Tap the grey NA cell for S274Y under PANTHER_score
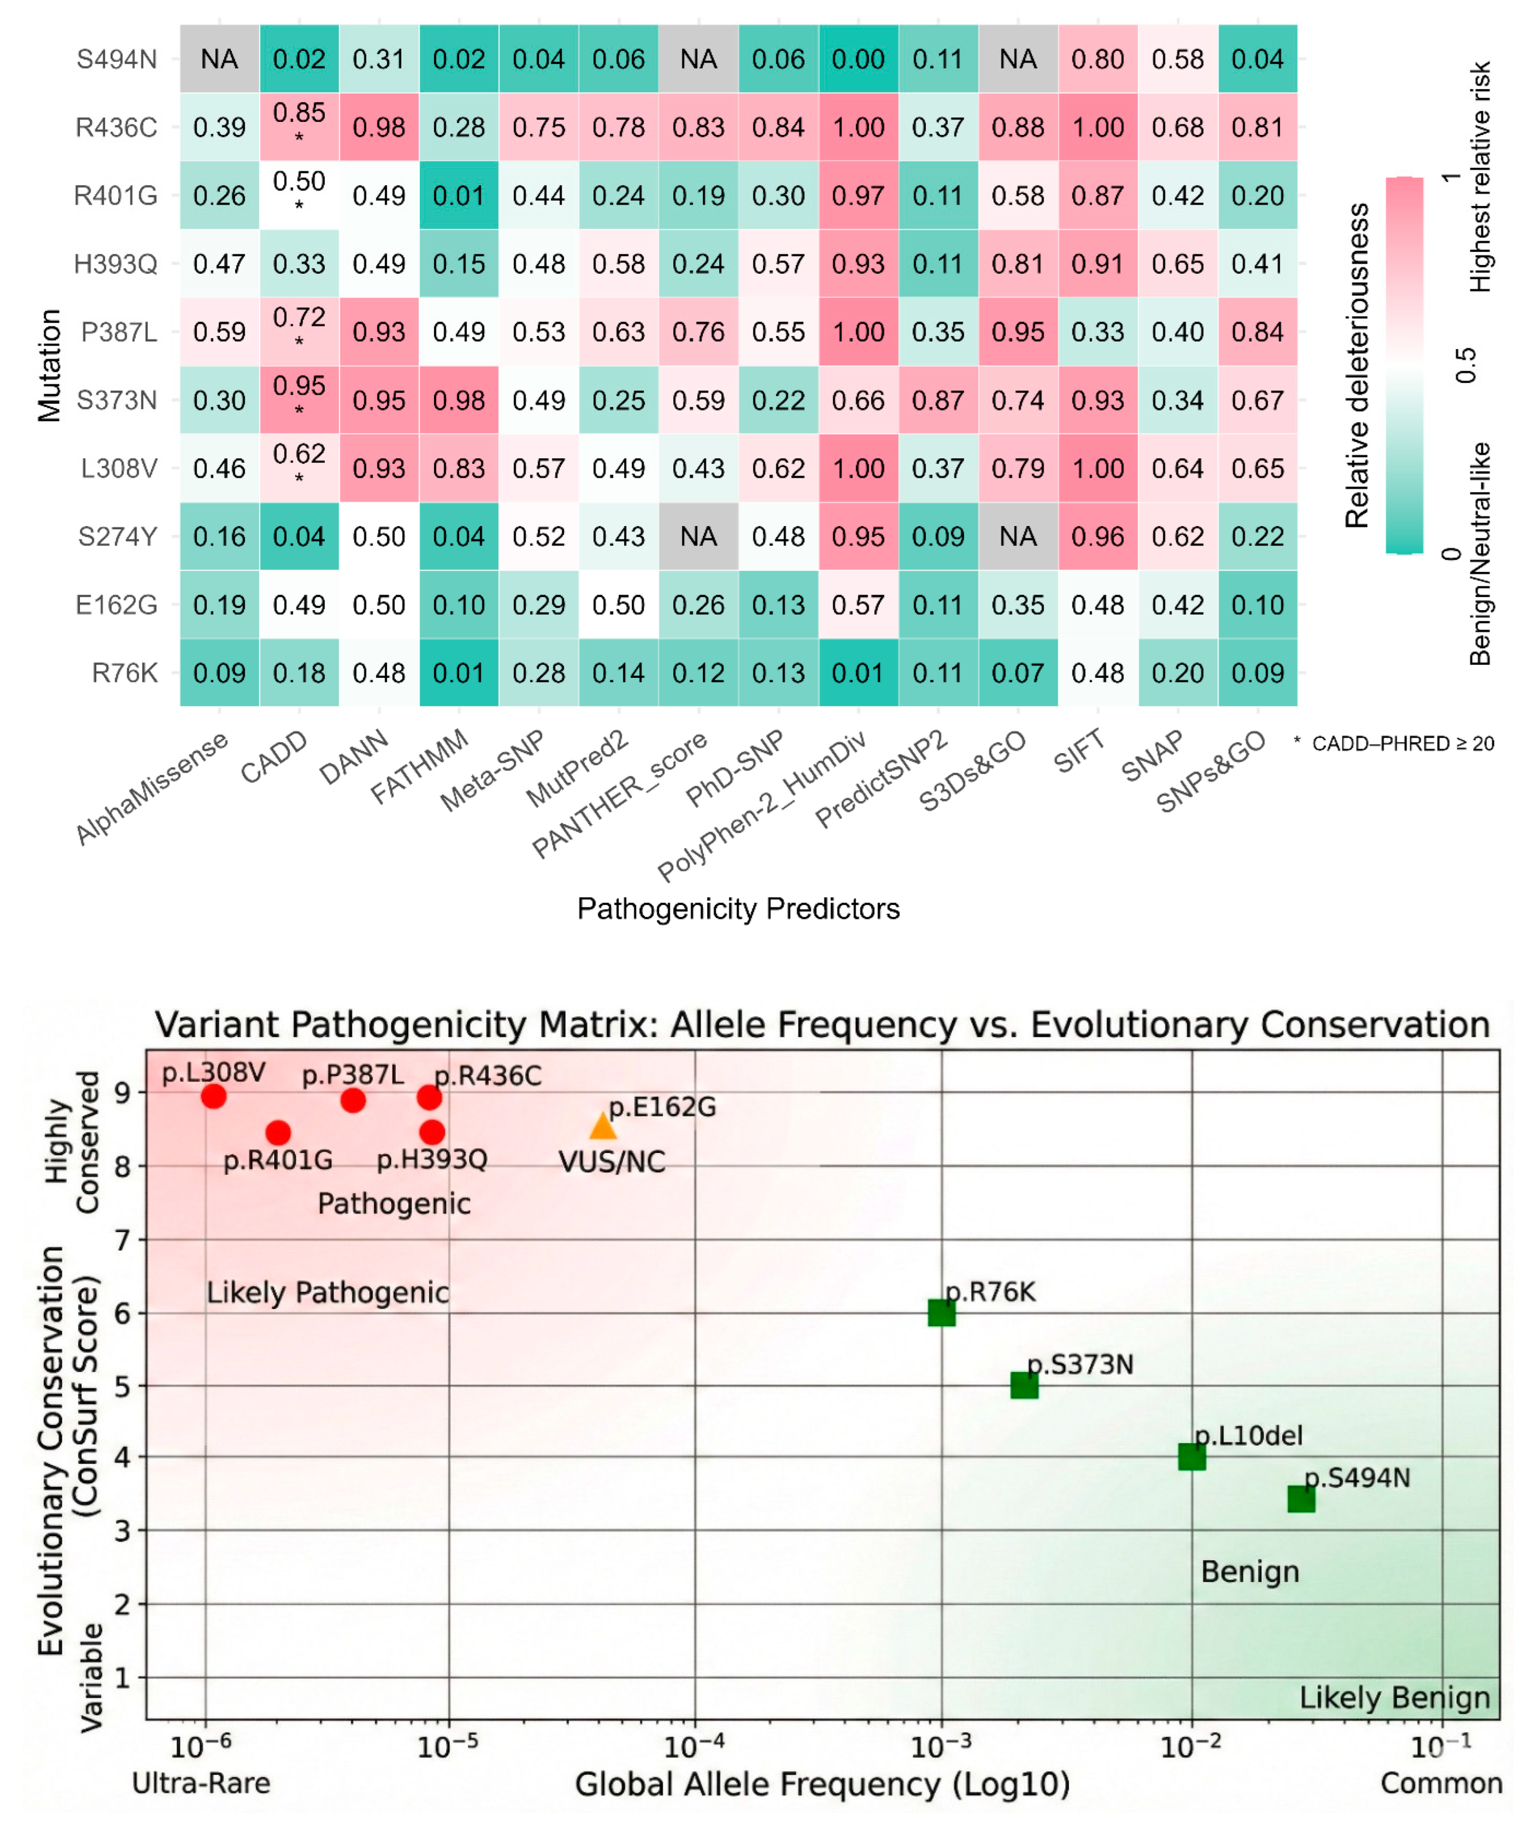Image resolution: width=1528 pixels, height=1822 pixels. [x=699, y=536]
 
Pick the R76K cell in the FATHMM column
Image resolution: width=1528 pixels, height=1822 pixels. [x=459, y=673]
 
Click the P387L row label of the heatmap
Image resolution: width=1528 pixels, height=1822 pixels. [x=119, y=332]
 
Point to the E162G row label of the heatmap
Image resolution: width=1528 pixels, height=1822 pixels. [x=116, y=605]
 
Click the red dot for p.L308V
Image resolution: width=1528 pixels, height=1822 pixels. [x=214, y=1096]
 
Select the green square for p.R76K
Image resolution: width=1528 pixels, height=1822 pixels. [x=942, y=1313]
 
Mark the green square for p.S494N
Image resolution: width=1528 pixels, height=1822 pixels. [x=1300, y=1498]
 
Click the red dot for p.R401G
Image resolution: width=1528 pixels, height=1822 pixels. [x=278, y=1132]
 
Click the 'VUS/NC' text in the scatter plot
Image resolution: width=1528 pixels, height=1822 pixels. [x=612, y=1162]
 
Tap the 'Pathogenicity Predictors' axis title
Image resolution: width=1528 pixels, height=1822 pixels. [x=738, y=908]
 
